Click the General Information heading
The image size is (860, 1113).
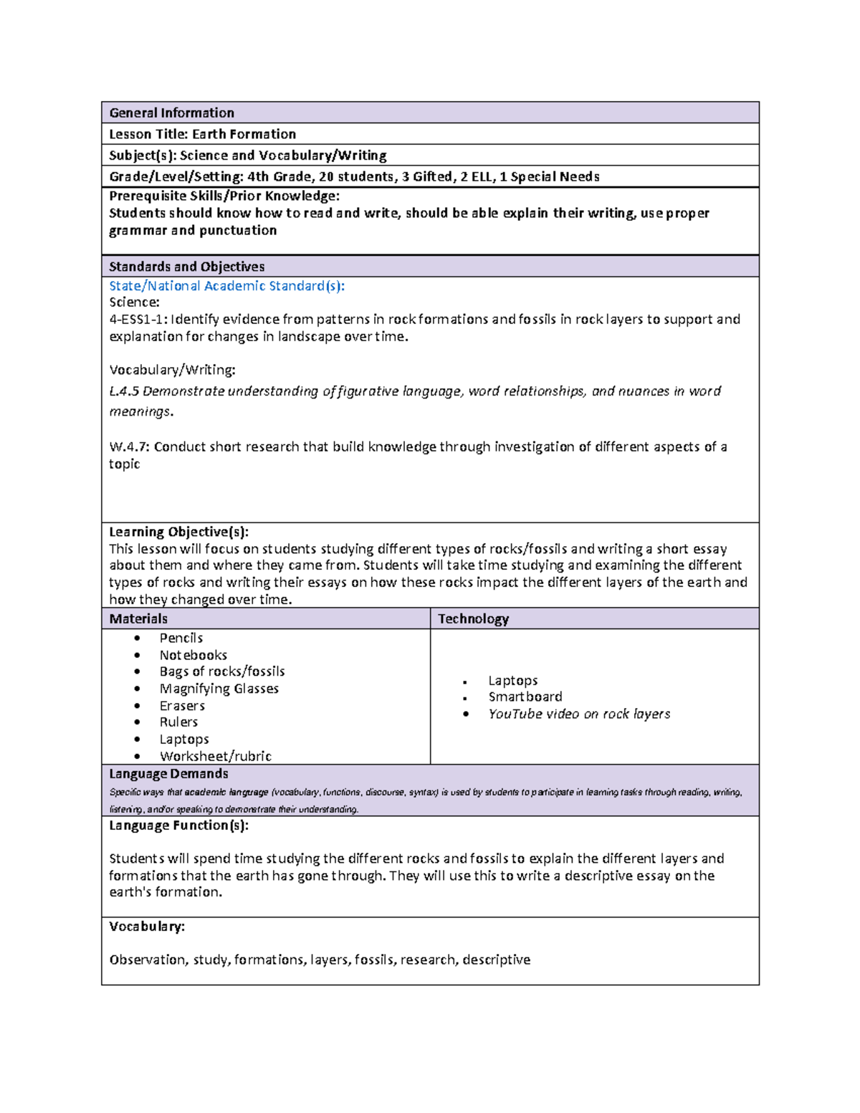[171, 113]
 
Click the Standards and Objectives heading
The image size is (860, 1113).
[186, 267]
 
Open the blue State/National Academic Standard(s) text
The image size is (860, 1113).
[226, 286]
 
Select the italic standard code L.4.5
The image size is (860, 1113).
[124, 391]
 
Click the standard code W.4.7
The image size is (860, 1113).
[129, 447]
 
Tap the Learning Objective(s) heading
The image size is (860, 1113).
[178, 532]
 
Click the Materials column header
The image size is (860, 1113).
[138, 618]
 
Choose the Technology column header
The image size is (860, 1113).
[473, 618]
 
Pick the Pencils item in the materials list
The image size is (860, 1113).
[181, 638]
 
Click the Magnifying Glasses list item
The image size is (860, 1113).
[219, 689]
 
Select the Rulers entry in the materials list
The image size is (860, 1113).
[178, 722]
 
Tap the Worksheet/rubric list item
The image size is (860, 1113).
[215, 756]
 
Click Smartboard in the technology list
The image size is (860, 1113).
[525, 697]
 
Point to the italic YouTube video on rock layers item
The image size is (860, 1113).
[579, 714]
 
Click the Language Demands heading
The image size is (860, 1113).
[168, 774]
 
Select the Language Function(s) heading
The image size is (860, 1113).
[178, 826]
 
